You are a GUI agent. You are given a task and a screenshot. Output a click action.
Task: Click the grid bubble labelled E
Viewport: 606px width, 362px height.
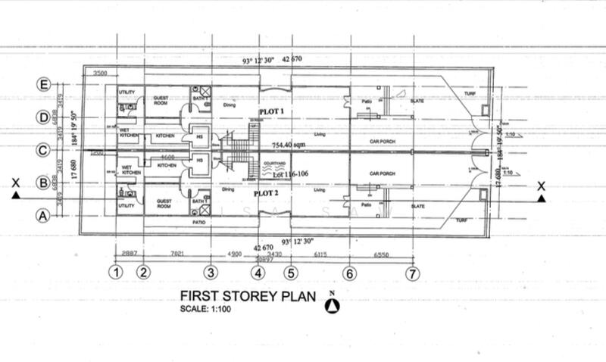44,85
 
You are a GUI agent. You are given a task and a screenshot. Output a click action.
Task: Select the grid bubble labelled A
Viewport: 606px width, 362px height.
44,215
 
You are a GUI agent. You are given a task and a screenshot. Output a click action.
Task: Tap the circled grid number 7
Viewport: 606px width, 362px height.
412,272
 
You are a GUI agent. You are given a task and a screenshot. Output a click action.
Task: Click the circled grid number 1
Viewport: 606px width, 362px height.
116,272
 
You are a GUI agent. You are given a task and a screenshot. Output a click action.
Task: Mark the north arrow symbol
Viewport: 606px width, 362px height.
331,305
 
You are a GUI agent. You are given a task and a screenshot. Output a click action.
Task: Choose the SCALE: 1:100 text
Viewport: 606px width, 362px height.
206,308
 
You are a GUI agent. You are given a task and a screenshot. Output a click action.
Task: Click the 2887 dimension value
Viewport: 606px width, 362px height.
131,252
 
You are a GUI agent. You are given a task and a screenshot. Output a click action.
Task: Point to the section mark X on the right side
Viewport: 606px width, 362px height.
540,186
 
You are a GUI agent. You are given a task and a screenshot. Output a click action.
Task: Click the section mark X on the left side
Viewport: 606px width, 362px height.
15,183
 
